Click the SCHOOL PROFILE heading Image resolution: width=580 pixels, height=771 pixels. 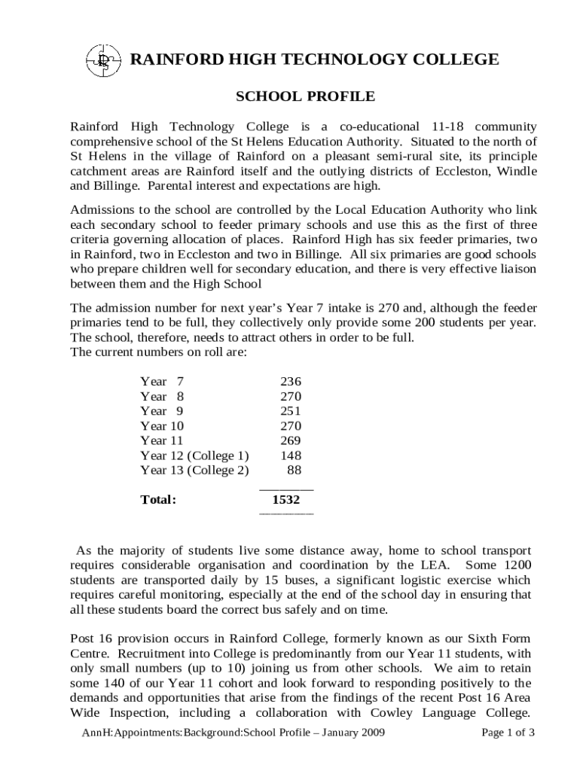(x=305, y=96)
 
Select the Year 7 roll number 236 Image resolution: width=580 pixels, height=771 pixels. (x=291, y=382)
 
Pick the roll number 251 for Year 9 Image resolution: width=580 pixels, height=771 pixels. (x=291, y=411)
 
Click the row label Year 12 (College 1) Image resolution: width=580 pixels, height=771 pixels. (x=194, y=455)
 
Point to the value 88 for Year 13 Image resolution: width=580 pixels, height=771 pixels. (x=295, y=470)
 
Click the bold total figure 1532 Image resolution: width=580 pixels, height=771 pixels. (x=286, y=499)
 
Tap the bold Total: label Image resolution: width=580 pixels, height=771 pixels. (x=158, y=499)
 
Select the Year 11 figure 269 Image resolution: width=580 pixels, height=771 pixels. (x=291, y=440)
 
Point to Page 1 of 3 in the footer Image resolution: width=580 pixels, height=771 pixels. (x=508, y=732)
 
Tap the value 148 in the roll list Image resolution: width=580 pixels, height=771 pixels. (x=291, y=455)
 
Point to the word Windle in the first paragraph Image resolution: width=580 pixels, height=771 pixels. (x=517, y=171)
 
